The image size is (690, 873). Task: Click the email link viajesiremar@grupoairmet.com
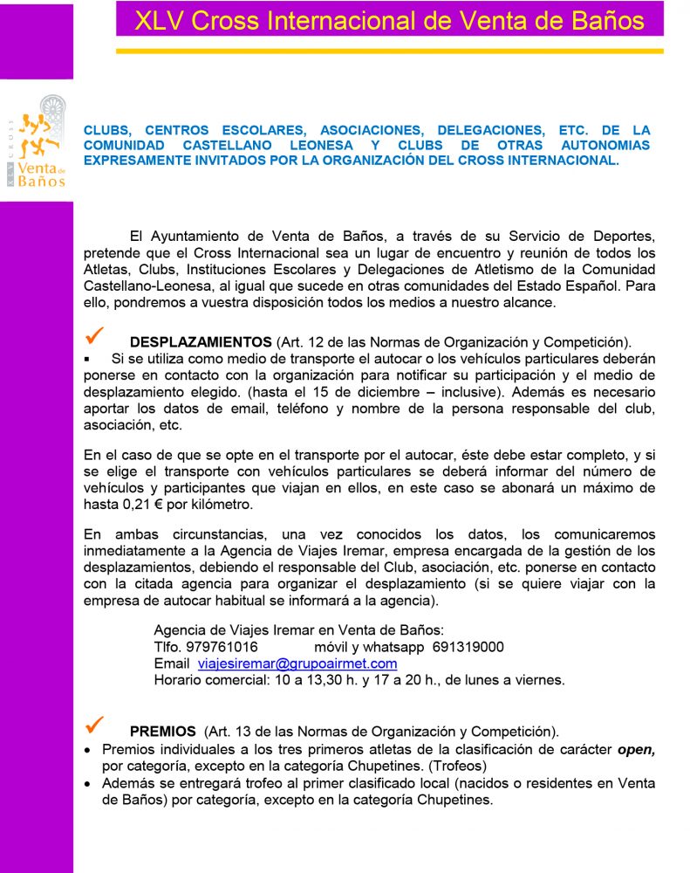pyautogui.click(x=297, y=663)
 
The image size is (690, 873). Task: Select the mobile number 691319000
pyautogui.click(x=468, y=647)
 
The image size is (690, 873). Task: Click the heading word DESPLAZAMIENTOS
pyautogui.click(x=201, y=341)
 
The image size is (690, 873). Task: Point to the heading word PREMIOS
pyautogui.click(x=163, y=731)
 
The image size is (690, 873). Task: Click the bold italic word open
pyautogui.click(x=636, y=749)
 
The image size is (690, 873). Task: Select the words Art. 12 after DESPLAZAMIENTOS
pyautogui.click(x=304, y=341)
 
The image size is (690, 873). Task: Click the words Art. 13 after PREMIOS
pyautogui.click(x=233, y=731)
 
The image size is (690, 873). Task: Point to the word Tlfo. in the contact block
pyautogui.click(x=167, y=647)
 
